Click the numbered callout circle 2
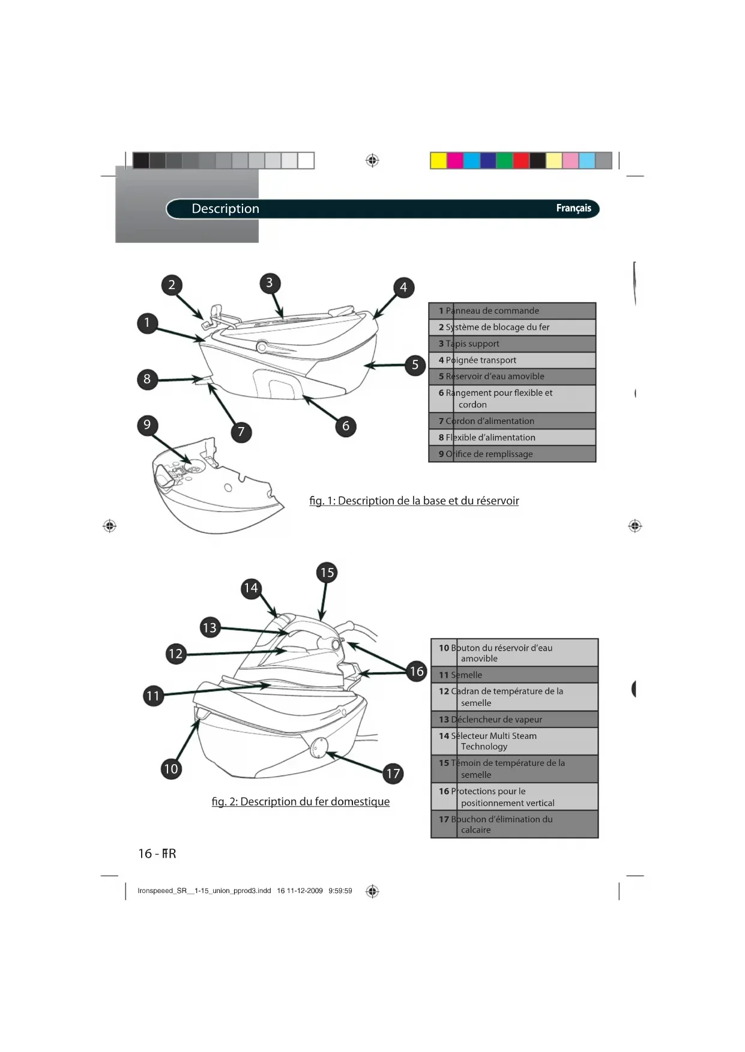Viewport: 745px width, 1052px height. (x=172, y=285)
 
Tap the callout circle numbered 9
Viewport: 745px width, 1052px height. (x=147, y=425)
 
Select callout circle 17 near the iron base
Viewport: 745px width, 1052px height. (x=393, y=774)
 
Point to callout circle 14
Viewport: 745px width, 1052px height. (x=251, y=588)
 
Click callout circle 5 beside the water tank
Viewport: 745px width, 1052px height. (x=415, y=365)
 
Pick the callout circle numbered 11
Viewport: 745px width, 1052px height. (x=153, y=696)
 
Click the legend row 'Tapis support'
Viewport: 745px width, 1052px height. (x=512, y=344)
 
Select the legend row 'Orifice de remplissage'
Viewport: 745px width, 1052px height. (x=512, y=454)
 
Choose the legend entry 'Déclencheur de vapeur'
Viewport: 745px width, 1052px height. (x=514, y=719)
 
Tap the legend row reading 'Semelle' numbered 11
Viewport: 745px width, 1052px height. (x=514, y=675)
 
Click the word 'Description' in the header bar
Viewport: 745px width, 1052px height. (x=225, y=209)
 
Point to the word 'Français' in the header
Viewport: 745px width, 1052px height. (x=573, y=208)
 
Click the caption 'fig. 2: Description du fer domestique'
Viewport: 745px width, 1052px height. (x=300, y=802)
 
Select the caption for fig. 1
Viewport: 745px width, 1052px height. (x=414, y=501)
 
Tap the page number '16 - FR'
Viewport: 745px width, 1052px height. (x=157, y=853)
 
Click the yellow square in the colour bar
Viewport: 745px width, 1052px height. (x=439, y=161)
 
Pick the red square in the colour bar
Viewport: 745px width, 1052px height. (x=521, y=161)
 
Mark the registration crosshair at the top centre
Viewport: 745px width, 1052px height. (x=372, y=161)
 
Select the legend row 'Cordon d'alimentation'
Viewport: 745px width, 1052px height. (x=512, y=421)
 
